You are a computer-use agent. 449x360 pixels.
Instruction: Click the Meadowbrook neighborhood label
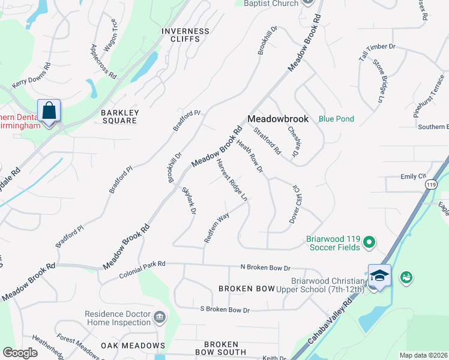[x=278, y=119]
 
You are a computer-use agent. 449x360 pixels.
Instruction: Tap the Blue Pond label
[x=336, y=119]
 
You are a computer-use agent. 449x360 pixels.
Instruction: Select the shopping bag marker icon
[x=49, y=111]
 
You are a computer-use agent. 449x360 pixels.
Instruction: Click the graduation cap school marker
[x=379, y=276]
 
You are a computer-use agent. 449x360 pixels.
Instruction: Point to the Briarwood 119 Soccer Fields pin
[x=369, y=242]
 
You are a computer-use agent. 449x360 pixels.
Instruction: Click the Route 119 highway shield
[x=430, y=185]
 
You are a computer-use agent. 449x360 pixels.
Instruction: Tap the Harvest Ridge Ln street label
[x=232, y=179]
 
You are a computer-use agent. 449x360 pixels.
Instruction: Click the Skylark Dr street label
[x=188, y=201]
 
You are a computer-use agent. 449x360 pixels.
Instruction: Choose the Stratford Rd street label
[x=267, y=141]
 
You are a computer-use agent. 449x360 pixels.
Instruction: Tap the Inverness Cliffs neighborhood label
[x=185, y=35]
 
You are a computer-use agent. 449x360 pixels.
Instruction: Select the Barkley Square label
[x=119, y=116]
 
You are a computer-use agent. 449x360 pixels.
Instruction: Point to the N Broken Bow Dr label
[x=265, y=268]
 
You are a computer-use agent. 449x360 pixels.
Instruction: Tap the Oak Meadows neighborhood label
[x=133, y=346]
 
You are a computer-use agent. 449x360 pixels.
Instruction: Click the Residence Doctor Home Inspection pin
[x=160, y=317]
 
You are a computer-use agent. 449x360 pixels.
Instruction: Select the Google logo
[x=20, y=353]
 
